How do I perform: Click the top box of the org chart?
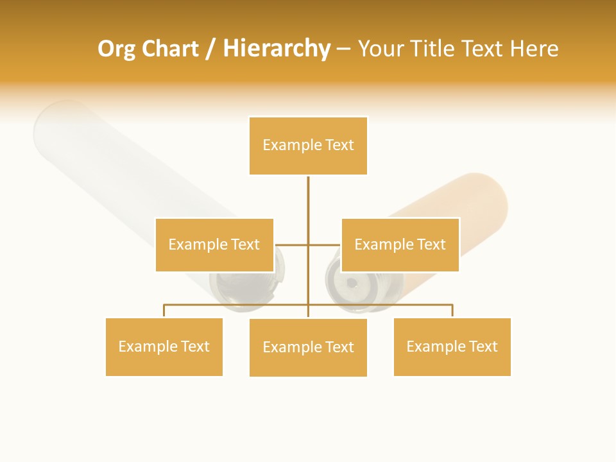308,146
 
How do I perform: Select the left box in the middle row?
214,244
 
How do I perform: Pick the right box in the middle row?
400,244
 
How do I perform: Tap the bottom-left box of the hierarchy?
164,346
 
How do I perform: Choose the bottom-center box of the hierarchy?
308,347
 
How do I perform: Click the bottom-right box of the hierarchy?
452,346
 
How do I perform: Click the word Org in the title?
117,49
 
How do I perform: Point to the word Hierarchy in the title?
277,49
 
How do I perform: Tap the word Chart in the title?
171,49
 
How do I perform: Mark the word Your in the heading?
381,49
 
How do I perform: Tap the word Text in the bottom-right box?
484,346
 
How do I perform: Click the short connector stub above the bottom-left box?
164,311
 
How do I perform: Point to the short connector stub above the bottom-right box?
452,311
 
